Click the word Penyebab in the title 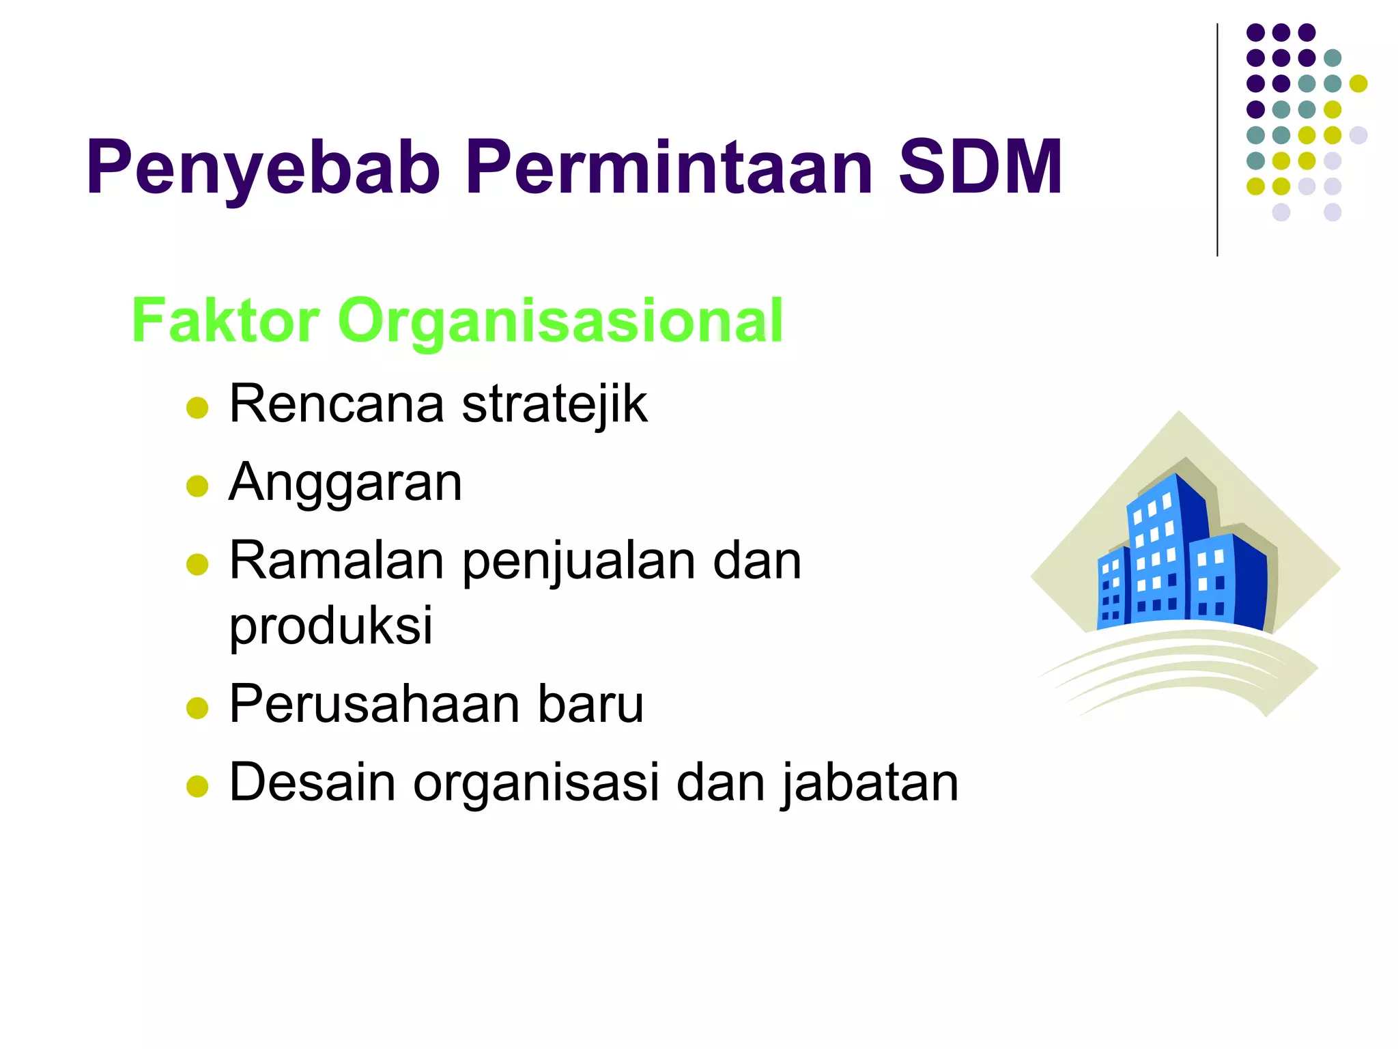click(x=263, y=168)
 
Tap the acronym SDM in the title click(x=980, y=168)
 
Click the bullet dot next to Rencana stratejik click(x=197, y=408)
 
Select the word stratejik click(x=554, y=404)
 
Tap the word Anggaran click(x=345, y=483)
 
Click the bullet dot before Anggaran click(x=197, y=486)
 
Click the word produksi click(x=330, y=626)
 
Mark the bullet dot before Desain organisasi click(x=197, y=786)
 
